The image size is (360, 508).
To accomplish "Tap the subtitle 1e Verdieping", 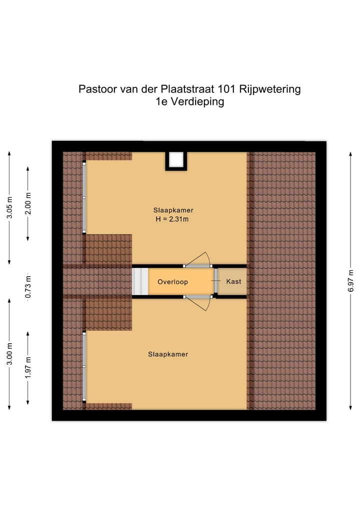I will click(189, 102).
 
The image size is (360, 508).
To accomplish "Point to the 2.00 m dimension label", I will click(28, 203).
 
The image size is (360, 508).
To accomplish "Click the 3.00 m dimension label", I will click(9, 354).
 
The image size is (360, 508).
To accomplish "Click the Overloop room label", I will click(172, 282).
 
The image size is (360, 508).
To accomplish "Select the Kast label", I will click(233, 282).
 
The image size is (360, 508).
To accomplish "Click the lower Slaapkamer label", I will click(167, 354).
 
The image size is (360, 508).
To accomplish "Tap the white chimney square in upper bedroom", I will click(176, 159).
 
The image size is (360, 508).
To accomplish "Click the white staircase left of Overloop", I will click(140, 282).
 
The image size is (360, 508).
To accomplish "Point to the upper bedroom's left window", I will click(84, 197).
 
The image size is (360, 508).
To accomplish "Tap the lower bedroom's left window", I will click(84, 367).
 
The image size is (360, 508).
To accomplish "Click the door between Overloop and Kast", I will click(215, 282).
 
